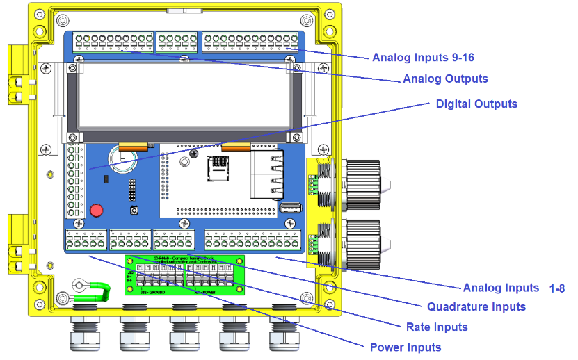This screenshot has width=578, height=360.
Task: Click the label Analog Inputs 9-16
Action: coord(423,57)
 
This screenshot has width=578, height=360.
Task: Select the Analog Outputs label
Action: coord(445,79)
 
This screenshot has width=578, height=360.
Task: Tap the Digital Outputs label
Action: coord(476,104)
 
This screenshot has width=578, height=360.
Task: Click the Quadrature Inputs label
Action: coord(476,306)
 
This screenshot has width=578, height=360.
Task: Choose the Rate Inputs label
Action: coord(437,327)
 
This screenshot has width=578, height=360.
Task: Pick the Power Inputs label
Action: coord(406,347)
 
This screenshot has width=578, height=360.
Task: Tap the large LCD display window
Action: coord(184,97)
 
